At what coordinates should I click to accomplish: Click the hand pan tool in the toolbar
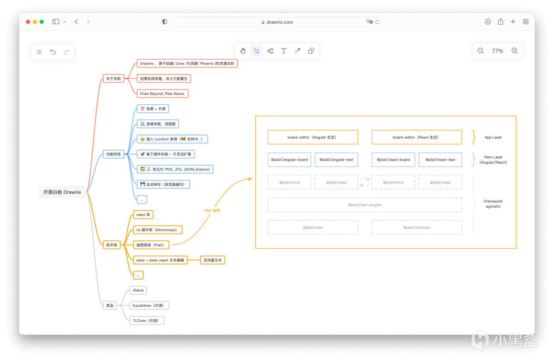click(243, 51)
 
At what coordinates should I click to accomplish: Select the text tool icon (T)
click(283, 51)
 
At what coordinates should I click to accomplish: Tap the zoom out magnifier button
click(480, 51)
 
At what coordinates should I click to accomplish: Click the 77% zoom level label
click(497, 51)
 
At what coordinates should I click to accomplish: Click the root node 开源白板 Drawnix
click(62, 192)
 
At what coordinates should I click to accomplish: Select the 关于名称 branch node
click(113, 79)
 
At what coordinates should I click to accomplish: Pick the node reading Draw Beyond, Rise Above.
click(162, 94)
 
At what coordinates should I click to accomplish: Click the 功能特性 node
click(113, 154)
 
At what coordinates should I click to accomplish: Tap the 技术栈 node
click(112, 245)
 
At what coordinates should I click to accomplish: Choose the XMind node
click(138, 290)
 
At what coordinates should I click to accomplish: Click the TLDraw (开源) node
click(147, 321)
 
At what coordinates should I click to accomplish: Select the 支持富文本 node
click(213, 260)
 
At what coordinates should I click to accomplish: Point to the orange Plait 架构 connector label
click(212, 210)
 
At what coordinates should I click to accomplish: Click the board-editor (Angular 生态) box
click(313, 137)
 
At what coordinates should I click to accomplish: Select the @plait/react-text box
click(440, 160)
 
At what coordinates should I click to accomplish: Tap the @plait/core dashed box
click(313, 228)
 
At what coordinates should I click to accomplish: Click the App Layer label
click(493, 137)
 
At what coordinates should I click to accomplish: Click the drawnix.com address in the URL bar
click(280, 22)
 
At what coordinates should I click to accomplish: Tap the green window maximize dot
click(42, 22)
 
